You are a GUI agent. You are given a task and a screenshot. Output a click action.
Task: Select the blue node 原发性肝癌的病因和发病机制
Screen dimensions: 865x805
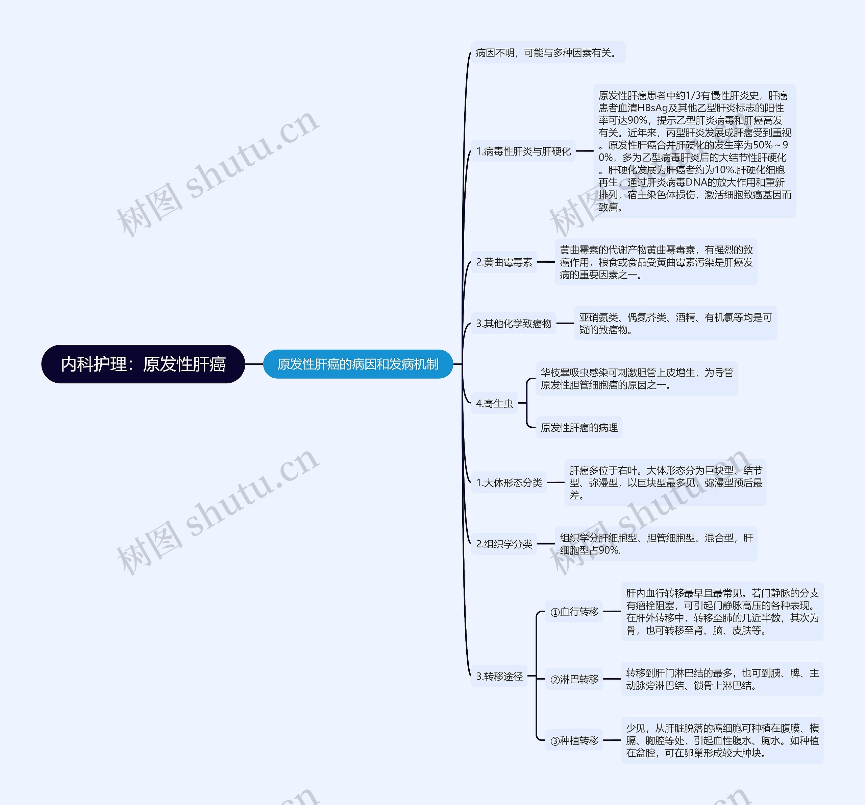point(358,364)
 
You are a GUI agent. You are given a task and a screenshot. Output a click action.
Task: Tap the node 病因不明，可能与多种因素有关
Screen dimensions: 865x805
point(547,53)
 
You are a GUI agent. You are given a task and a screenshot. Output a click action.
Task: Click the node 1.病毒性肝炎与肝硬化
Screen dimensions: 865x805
point(523,151)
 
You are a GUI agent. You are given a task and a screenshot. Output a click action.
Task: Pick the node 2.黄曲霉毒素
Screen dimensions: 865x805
point(504,262)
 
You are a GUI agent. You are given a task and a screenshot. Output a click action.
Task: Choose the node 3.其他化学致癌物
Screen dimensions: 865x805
point(514,324)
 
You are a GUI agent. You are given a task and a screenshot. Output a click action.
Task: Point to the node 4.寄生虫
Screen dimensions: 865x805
point(494,403)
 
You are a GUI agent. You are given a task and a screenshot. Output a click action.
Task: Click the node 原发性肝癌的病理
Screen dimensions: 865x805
point(579,428)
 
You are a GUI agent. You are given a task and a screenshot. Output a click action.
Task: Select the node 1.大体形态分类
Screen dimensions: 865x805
point(509,482)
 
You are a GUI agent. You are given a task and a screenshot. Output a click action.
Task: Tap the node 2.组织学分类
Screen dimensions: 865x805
point(504,544)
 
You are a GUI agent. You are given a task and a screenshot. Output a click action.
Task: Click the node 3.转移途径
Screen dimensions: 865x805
point(499,676)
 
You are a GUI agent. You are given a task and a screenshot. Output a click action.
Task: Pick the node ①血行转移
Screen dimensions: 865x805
point(574,612)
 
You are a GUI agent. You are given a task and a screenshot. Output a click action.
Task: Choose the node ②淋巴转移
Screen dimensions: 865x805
point(574,679)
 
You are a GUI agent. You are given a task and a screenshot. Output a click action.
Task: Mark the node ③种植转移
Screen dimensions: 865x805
point(574,740)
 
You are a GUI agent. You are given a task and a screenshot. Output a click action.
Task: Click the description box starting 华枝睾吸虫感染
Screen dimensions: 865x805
point(637,378)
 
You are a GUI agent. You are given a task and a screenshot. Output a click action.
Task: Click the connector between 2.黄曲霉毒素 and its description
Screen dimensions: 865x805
point(546,262)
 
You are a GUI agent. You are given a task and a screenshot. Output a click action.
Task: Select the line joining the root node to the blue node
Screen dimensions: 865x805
point(254,364)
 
